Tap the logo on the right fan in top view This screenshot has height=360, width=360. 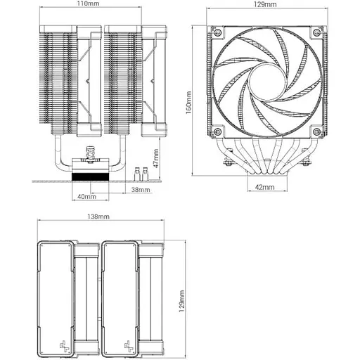129,345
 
